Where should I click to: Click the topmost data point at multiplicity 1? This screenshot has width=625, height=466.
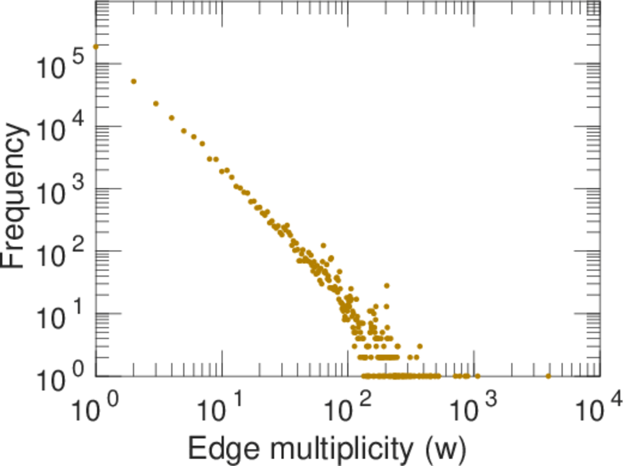[95, 47]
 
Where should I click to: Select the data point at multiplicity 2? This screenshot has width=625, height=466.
[134, 82]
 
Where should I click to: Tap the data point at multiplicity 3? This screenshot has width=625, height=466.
[156, 103]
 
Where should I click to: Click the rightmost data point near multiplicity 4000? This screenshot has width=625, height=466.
[548, 376]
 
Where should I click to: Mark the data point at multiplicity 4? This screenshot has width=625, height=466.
[172, 118]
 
